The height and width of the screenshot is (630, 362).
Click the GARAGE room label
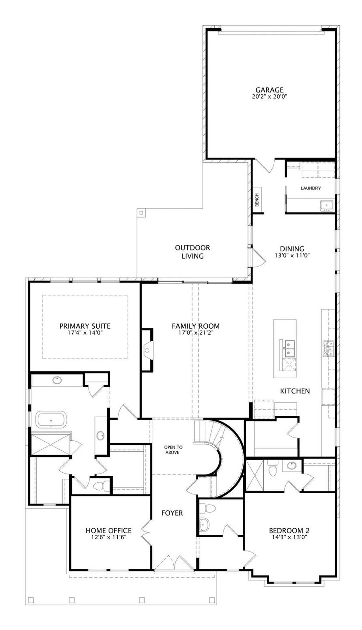pyautogui.click(x=269, y=90)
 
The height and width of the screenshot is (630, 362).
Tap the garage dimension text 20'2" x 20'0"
pyautogui.click(x=269, y=97)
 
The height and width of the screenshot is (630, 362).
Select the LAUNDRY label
pyautogui.click(x=311, y=188)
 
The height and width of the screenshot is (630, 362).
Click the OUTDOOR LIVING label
pyautogui.click(x=193, y=252)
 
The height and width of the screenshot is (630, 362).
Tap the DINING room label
pyautogui.click(x=292, y=249)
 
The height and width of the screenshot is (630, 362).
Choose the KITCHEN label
pyautogui.click(x=295, y=391)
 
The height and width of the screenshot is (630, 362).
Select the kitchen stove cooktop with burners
pyautogui.click(x=328, y=348)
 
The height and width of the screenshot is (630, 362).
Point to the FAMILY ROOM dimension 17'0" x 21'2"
pyautogui.click(x=196, y=333)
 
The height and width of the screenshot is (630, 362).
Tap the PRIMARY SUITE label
pyautogui.click(x=85, y=326)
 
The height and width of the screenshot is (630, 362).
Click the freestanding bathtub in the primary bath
pyautogui.click(x=51, y=420)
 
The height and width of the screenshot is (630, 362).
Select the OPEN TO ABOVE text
pyautogui.click(x=173, y=450)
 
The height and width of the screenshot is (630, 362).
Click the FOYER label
pyautogui.click(x=172, y=513)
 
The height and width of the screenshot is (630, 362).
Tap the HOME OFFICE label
pyautogui.click(x=109, y=530)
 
